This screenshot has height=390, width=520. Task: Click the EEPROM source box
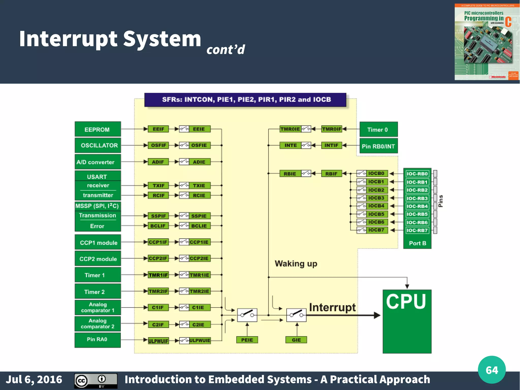pyautogui.click(x=97, y=129)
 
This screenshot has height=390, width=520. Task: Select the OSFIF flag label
pyautogui.click(x=158, y=145)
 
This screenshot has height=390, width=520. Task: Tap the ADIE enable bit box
pyautogui.click(x=199, y=162)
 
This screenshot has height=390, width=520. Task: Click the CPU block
pyautogui.click(x=407, y=321)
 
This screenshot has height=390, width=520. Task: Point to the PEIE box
pyautogui.click(x=247, y=340)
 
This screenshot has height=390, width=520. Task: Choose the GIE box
pyautogui.click(x=296, y=340)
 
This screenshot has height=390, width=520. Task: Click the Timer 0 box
pyautogui.click(x=378, y=129)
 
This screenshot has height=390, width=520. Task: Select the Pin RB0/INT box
pyautogui.click(x=378, y=146)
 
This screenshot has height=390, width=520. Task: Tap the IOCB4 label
pyautogui.click(x=376, y=206)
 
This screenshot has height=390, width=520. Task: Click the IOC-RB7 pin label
pyautogui.click(x=417, y=230)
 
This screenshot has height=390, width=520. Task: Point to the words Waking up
pyautogui.click(x=296, y=264)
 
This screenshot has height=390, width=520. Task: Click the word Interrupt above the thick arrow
pyautogui.click(x=332, y=307)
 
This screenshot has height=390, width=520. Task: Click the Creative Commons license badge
pyautogui.click(x=96, y=381)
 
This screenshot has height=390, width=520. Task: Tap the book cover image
pyautogui.click(x=487, y=42)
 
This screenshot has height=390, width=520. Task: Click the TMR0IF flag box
pyautogui.click(x=331, y=129)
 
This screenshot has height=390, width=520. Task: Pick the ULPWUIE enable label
pyautogui.click(x=200, y=340)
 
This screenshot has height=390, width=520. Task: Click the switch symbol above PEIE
pyautogui.click(x=247, y=315)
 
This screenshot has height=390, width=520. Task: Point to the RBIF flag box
pyautogui.click(x=331, y=174)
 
